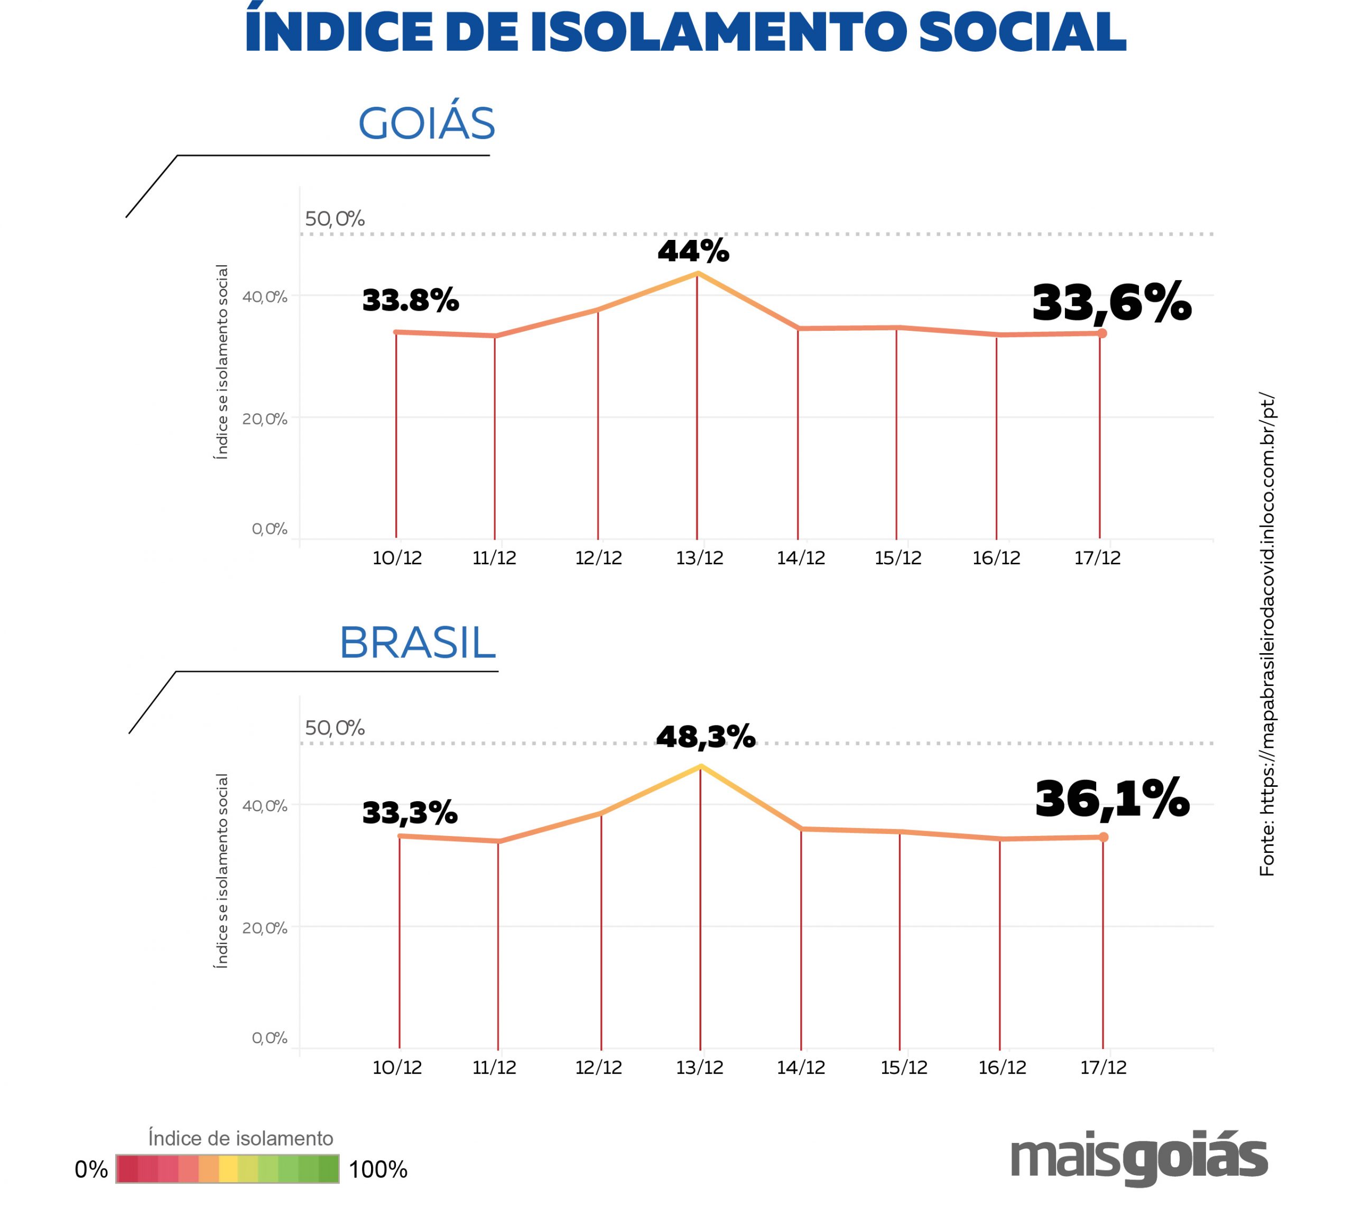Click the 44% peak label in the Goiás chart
[x=693, y=251]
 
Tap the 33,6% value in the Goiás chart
[x=1111, y=303]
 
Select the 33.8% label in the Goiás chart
[x=410, y=300]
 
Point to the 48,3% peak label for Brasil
[x=705, y=736]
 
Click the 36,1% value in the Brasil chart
[x=1112, y=798]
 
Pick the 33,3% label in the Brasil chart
[x=410, y=812]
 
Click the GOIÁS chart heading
[x=426, y=124]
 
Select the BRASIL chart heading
[x=418, y=643]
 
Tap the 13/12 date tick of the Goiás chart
[x=699, y=557]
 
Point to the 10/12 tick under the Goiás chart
[x=397, y=557]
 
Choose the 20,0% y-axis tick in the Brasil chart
[x=264, y=928]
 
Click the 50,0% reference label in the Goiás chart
[x=335, y=219]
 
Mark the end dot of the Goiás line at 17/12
[x=1102, y=333]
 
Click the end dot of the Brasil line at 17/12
[x=1104, y=838]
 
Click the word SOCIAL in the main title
[x=1022, y=32]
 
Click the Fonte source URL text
[x=1267, y=635]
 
